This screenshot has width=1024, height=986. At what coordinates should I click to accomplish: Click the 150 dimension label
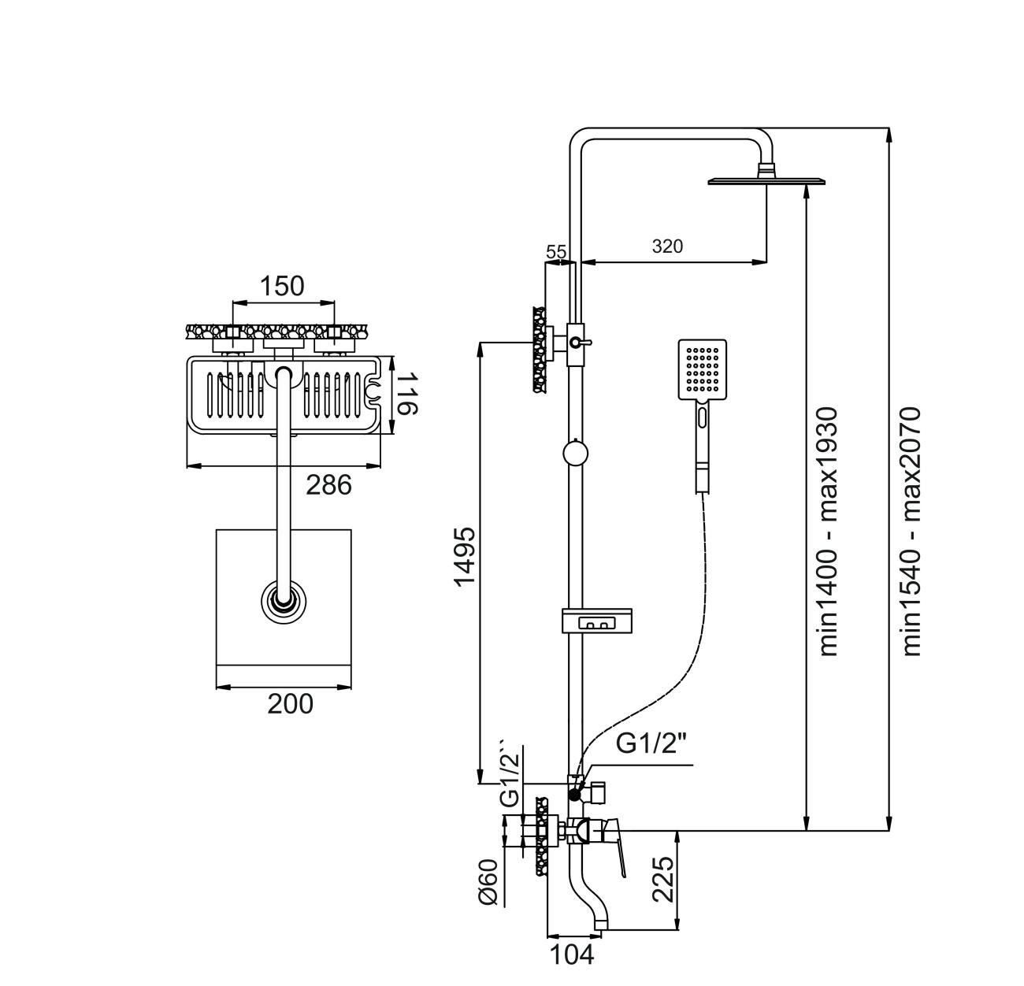point(283,286)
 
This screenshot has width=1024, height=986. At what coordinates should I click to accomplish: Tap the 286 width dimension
point(328,485)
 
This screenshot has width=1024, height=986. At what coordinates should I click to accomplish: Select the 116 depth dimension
point(406,395)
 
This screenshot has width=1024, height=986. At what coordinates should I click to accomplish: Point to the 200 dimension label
point(290,703)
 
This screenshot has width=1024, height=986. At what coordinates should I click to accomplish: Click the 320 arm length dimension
point(667,246)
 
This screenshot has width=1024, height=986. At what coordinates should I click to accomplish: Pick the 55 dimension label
point(556,252)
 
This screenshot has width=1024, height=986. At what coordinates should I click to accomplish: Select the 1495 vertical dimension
point(465,556)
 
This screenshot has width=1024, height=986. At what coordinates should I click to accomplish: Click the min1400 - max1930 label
point(827,532)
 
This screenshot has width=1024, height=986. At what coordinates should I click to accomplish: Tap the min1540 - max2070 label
point(911,532)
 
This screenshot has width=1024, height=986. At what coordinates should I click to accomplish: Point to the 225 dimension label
point(662,881)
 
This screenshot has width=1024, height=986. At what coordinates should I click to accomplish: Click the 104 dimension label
point(571,955)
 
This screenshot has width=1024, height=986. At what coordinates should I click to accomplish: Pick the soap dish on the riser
point(597,621)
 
